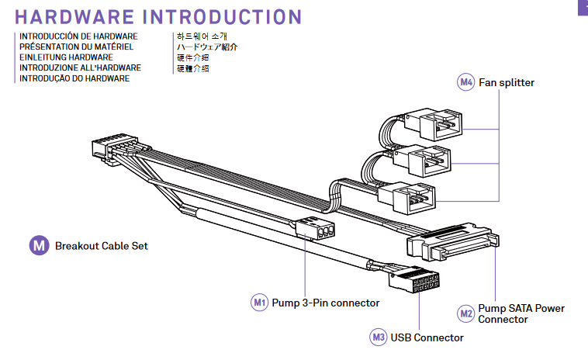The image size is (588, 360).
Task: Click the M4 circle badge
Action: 465,82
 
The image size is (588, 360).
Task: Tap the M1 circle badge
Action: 260,303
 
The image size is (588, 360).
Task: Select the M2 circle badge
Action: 466,313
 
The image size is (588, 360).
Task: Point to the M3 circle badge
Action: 379,337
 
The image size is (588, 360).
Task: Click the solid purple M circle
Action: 40,246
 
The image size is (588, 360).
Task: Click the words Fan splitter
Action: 507,82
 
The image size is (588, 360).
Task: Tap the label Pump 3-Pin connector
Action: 326,303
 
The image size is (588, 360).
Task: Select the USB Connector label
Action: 427,337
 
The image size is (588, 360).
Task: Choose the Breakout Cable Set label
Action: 102,246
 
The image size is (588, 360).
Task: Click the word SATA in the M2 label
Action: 521,308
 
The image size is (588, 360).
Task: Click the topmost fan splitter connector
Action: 434,124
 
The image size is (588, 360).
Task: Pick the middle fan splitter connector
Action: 422,161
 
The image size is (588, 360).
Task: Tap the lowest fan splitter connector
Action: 407,198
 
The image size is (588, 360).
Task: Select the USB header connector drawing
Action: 414,279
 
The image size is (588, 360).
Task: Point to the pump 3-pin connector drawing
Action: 315,227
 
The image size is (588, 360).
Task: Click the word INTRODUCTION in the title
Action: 222,17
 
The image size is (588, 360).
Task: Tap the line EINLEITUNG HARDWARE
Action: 67,57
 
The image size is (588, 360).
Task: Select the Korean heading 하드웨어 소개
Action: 202,36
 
